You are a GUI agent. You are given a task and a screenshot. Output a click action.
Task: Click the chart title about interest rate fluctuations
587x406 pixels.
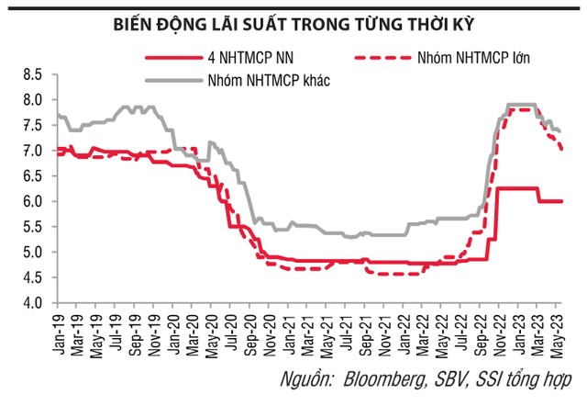click(293, 20)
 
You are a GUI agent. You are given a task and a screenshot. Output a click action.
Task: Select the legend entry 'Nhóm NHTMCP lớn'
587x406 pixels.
click(475, 57)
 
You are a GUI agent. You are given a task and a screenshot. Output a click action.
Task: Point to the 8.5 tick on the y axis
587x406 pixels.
click(35, 73)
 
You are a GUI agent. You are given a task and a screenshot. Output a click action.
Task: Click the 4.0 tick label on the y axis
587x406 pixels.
click(35, 303)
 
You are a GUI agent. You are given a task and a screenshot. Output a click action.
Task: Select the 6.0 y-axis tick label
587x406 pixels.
click(35, 201)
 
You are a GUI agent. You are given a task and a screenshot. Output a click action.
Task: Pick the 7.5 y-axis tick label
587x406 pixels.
click(35, 125)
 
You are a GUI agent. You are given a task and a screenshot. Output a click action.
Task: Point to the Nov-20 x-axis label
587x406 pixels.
click(271, 329)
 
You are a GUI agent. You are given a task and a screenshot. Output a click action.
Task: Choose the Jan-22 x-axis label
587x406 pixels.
click(404, 329)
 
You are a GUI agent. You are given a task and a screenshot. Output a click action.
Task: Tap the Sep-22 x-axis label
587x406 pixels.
click(481, 329)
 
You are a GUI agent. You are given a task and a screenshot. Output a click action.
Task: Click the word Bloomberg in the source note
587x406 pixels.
click(386, 378)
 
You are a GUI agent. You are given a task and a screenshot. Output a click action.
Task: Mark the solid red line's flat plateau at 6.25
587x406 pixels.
click(517, 188)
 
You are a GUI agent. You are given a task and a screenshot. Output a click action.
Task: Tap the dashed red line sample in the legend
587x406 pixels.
click(375, 57)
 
